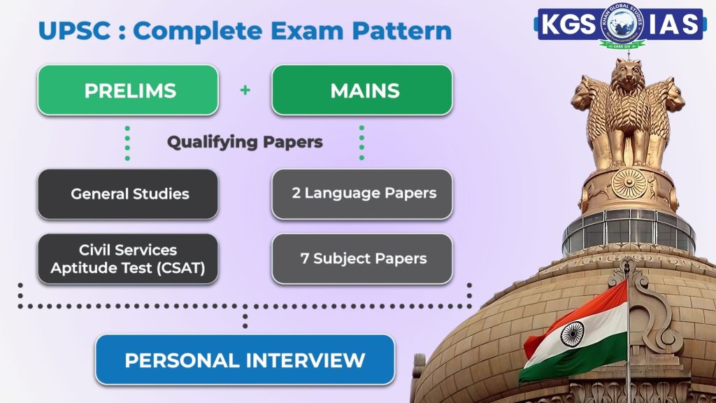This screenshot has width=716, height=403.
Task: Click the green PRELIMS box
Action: [127, 90]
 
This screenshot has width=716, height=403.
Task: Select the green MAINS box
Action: [361, 90]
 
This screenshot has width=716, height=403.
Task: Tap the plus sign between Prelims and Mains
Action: [245, 90]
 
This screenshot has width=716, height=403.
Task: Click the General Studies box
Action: [127, 194]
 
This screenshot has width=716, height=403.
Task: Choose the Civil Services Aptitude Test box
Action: [127, 259]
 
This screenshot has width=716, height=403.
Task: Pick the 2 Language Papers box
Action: [361, 194]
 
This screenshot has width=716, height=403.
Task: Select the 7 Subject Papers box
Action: [361, 259]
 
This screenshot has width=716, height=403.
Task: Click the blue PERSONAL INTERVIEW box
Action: [245, 360]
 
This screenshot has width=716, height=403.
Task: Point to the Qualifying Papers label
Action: [245, 142]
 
